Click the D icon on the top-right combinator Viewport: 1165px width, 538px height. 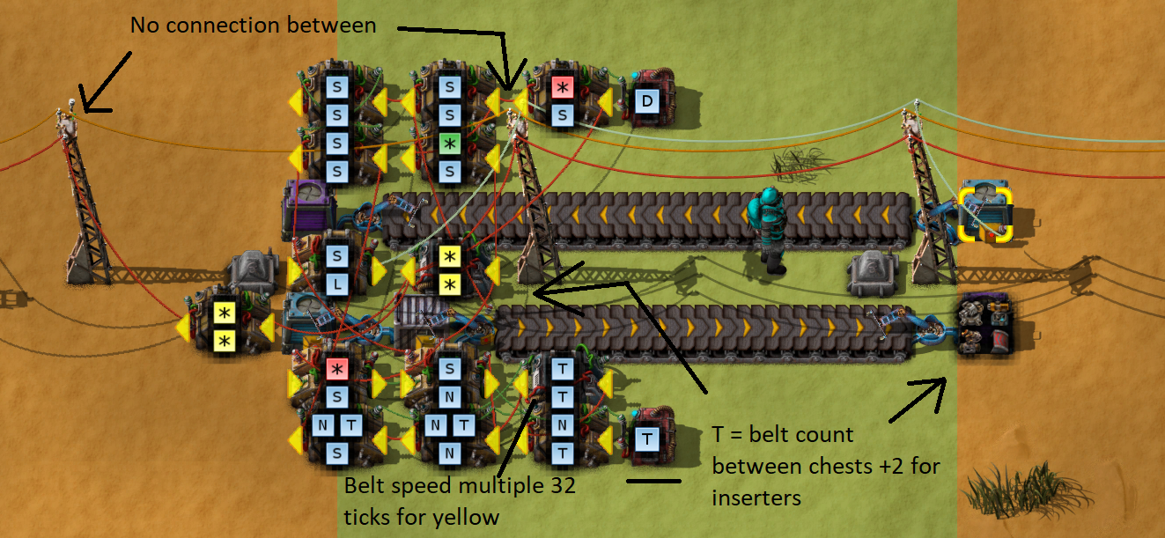coord(647,101)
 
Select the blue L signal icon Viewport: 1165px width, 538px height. coord(337,284)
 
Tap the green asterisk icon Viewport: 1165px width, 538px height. coord(449,142)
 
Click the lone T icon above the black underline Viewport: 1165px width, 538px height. coord(647,438)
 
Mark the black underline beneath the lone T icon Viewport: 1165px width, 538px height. coord(653,481)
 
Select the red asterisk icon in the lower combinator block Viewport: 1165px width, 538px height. coord(337,369)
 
